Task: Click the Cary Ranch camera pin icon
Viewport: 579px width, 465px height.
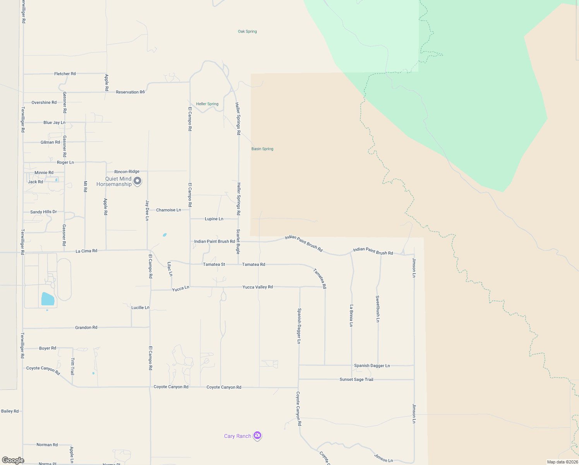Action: [x=257, y=436]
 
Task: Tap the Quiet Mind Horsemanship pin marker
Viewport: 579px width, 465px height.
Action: [x=137, y=181]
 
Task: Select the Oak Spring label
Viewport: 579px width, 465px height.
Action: [x=247, y=31]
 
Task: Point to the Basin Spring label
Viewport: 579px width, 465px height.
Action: [x=262, y=149]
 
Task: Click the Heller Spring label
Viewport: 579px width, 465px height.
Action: [x=207, y=104]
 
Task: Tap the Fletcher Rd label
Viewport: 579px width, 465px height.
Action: [x=65, y=74]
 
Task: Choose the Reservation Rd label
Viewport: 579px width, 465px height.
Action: [x=130, y=92]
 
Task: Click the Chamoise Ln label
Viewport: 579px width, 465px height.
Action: [x=168, y=210]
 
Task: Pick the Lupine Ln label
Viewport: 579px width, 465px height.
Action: [x=214, y=219]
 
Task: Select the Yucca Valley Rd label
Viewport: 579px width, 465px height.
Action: [x=258, y=287]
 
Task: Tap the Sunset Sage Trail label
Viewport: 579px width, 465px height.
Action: [x=356, y=379]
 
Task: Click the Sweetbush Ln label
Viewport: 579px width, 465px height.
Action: [x=378, y=309]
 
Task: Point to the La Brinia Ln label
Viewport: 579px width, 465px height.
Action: [x=351, y=315]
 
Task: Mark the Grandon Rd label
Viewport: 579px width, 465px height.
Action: [x=86, y=327]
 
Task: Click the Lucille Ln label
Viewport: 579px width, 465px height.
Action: [x=140, y=308]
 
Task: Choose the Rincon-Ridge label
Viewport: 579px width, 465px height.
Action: [x=127, y=172]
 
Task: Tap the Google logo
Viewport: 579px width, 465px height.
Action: [x=13, y=460]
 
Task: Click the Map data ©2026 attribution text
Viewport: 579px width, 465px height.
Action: [x=562, y=462]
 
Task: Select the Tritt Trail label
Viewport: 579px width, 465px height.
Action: [x=72, y=367]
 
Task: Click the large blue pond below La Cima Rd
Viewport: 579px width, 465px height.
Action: [x=48, y=299]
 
